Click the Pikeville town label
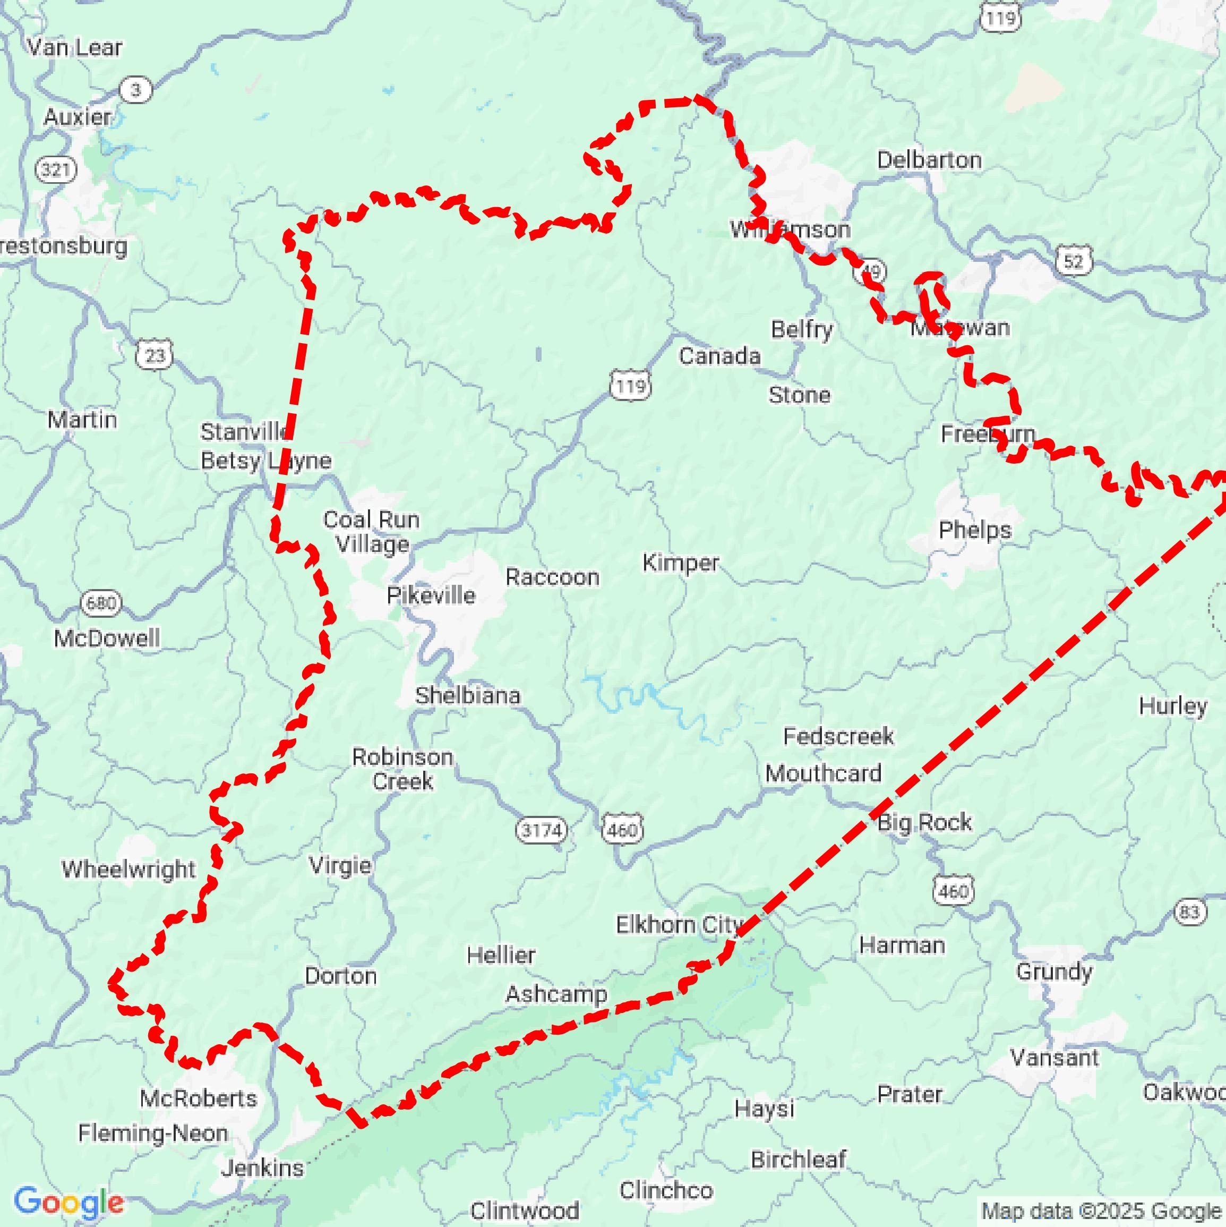coord(431,595)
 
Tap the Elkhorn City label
coord(678,924)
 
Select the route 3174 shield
coord(541,830)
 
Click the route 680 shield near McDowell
coord(101,602)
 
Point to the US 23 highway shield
coord(155,355)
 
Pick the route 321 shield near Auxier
coord(56,169)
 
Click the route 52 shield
coord(1073,260)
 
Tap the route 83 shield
coord(1189,912)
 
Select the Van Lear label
coord(74,47)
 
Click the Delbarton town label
coord(929,160)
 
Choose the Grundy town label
coord(1053,971)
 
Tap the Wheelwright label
coord(128,869)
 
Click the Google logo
coord(68,1202)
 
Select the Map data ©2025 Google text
coord(1102,1211)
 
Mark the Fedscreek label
coord(838,736)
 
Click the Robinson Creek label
coord(402,769)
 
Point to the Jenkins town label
coord(262,1168)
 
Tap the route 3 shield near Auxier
coord(136,90)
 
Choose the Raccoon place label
coord(552,577)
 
